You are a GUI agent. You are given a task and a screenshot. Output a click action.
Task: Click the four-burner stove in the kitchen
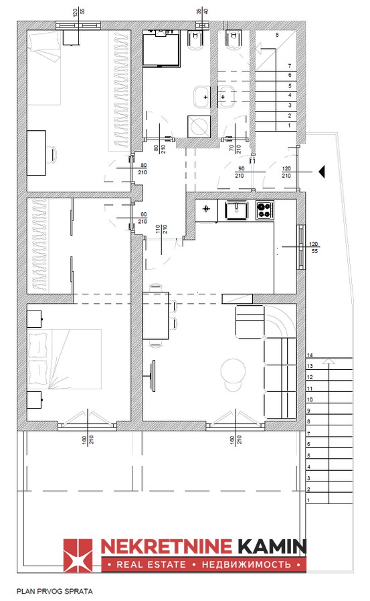(x=265, y=210)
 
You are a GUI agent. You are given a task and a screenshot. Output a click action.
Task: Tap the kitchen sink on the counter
(x=236, y=210)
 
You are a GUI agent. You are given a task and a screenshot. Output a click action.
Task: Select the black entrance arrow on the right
(x=322, y=172)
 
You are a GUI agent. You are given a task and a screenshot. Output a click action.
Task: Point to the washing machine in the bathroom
(x=199, y=126)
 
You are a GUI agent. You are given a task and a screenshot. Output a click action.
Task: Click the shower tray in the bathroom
(x=161, y=50)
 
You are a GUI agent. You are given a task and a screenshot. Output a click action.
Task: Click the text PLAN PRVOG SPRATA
(x=55, y=592)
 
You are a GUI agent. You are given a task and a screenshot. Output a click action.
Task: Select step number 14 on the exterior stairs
(x=310, y=355)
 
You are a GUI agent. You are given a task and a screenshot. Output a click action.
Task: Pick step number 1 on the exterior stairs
(x=308, y=500)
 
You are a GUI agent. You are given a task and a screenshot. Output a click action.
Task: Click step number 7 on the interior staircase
(x=290, y=66)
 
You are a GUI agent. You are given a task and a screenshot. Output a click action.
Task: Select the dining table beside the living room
(x=156, y=315)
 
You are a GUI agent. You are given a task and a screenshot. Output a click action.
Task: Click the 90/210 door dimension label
(x=240, y=172)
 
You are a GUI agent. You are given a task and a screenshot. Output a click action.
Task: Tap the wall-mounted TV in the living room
(x=153, y=376)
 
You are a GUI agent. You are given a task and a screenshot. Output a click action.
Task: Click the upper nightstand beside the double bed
(x=34, y=319)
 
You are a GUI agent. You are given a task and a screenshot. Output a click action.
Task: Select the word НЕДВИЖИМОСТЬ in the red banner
(x=246, y=564)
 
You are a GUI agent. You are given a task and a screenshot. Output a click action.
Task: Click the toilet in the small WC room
(x=233, y=41)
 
